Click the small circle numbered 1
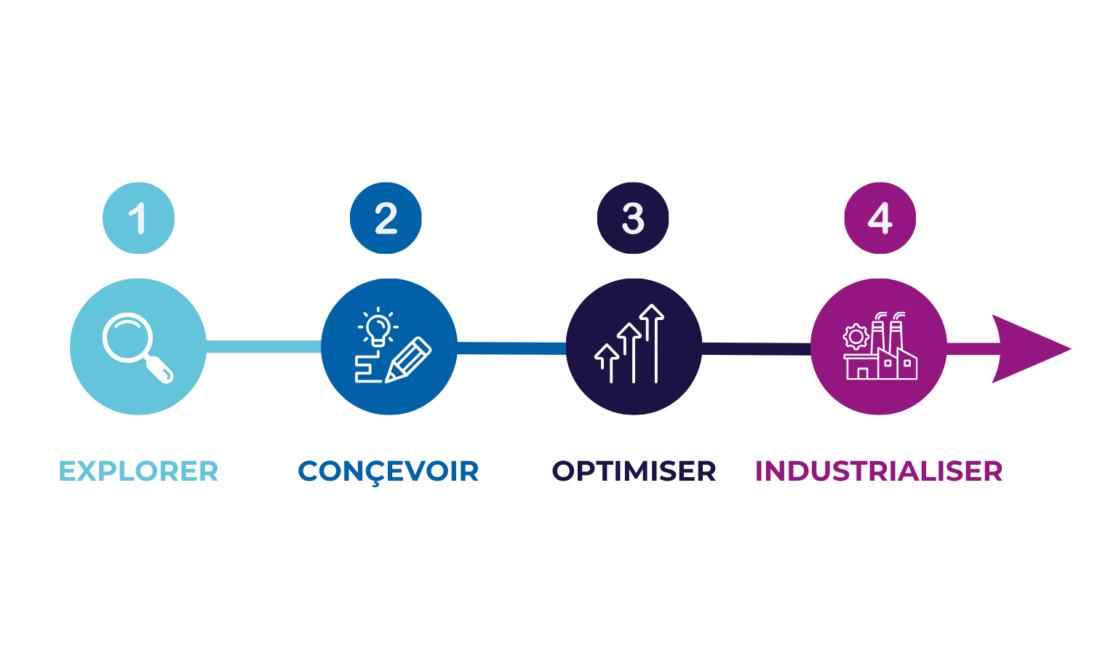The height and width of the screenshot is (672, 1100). tap(138, 218)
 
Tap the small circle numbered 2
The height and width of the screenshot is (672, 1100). tap(386, 218)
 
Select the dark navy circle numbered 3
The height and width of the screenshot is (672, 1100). tap(632, 218)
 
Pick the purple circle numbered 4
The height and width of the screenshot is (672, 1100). tap(880, 218)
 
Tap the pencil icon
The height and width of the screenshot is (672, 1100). tap(408, 360)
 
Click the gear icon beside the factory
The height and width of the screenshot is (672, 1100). tap(856, 337)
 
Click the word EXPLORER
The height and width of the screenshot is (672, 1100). tap(138, 471)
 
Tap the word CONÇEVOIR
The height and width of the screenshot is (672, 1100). tap(388, 472)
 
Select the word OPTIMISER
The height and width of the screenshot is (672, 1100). tap(634, 471)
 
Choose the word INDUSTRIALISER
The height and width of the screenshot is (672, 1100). tap(879, 471)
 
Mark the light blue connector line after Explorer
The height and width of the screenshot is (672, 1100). tap(263, 347)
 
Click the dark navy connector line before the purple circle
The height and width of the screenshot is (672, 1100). tap(757, 349)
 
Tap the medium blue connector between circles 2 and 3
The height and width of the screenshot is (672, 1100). tap(511, 348)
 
